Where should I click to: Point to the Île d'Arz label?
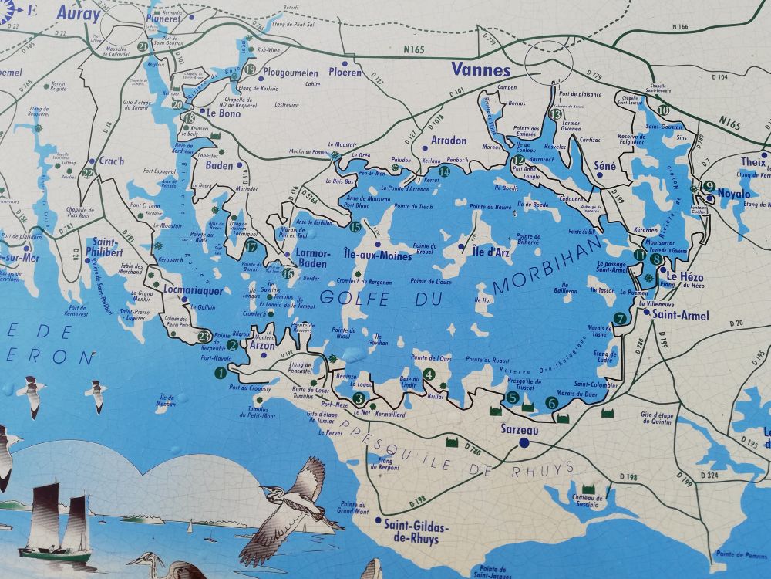491,249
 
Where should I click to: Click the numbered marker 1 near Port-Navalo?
221,374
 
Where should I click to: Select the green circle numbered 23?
204,336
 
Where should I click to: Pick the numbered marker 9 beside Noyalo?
709,186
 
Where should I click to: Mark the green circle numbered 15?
355,227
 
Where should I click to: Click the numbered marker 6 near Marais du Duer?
551,402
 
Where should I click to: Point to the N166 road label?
678,27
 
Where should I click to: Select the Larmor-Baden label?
313,258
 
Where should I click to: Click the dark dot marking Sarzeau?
524,443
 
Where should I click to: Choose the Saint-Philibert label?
107,246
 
